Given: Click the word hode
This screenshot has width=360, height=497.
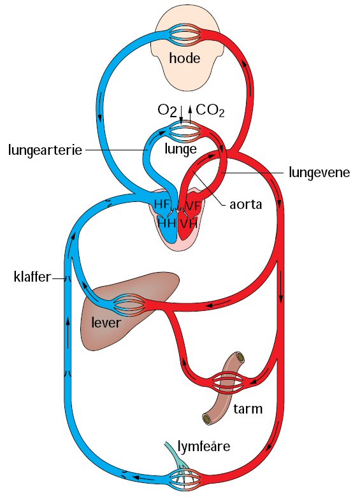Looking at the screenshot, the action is [x=185, y=59].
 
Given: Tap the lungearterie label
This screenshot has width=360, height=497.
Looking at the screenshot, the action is [x=45, y=150].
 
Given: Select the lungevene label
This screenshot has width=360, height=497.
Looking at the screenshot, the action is [x=319, y=173].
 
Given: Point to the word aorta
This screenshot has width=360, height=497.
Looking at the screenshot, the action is [x=246, y=205].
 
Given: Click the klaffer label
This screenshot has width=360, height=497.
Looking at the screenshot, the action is [x=32, y=277].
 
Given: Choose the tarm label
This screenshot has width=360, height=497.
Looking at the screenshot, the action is [x=248, y=409].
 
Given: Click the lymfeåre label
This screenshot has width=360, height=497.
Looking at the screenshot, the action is [x=204, y=447].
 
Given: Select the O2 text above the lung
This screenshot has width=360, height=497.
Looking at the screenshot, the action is [x=167, y=111].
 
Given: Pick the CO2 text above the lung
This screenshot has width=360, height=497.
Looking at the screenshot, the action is [x=210, y=111].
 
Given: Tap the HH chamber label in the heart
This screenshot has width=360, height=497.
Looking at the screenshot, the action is [x=167, y=223].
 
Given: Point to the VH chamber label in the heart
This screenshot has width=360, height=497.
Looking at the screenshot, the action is [x=189, y=224].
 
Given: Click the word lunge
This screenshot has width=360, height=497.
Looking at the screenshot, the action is [x=180, y=149].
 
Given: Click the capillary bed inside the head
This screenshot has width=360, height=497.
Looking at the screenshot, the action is [x=185, y=34].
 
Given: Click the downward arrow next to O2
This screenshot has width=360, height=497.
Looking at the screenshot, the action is [x=181, y=115].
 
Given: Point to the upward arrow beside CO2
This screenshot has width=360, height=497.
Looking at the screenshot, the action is [x=190, y=115].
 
